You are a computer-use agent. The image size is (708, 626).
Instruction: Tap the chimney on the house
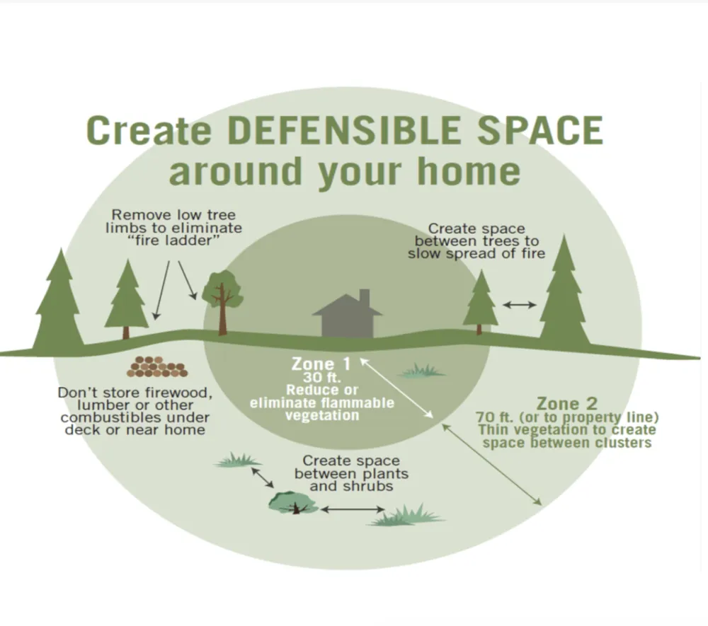point(364,296)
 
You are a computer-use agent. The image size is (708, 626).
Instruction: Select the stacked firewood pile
point(157,366)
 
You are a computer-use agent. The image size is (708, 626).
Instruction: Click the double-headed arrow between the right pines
point(520,305)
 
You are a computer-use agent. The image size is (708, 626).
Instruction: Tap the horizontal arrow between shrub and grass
point(352,509)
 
